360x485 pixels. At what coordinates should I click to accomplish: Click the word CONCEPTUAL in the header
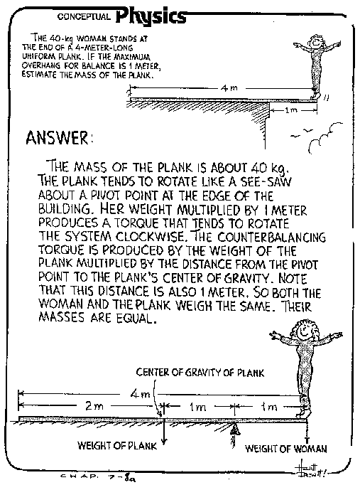(84, 16)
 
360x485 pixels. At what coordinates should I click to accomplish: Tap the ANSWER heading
(59, 138)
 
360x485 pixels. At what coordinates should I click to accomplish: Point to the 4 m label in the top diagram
(229, 88)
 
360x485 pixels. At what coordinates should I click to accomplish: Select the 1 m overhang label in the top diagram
(290, 110)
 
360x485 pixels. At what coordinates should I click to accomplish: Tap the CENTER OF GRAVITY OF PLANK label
(200, 373)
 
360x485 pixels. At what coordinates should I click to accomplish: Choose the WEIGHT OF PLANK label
(117, 446)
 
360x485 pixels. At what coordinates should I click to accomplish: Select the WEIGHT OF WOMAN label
(286, 449)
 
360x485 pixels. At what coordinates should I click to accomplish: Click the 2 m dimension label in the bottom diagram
(94, 405)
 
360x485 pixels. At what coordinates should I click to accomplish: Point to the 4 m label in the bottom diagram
(140, 394)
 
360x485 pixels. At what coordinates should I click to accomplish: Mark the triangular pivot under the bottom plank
(234, 430)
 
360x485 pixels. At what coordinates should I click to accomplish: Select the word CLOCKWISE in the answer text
(149, 237)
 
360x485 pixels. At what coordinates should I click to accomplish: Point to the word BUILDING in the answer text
(65, 209)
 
